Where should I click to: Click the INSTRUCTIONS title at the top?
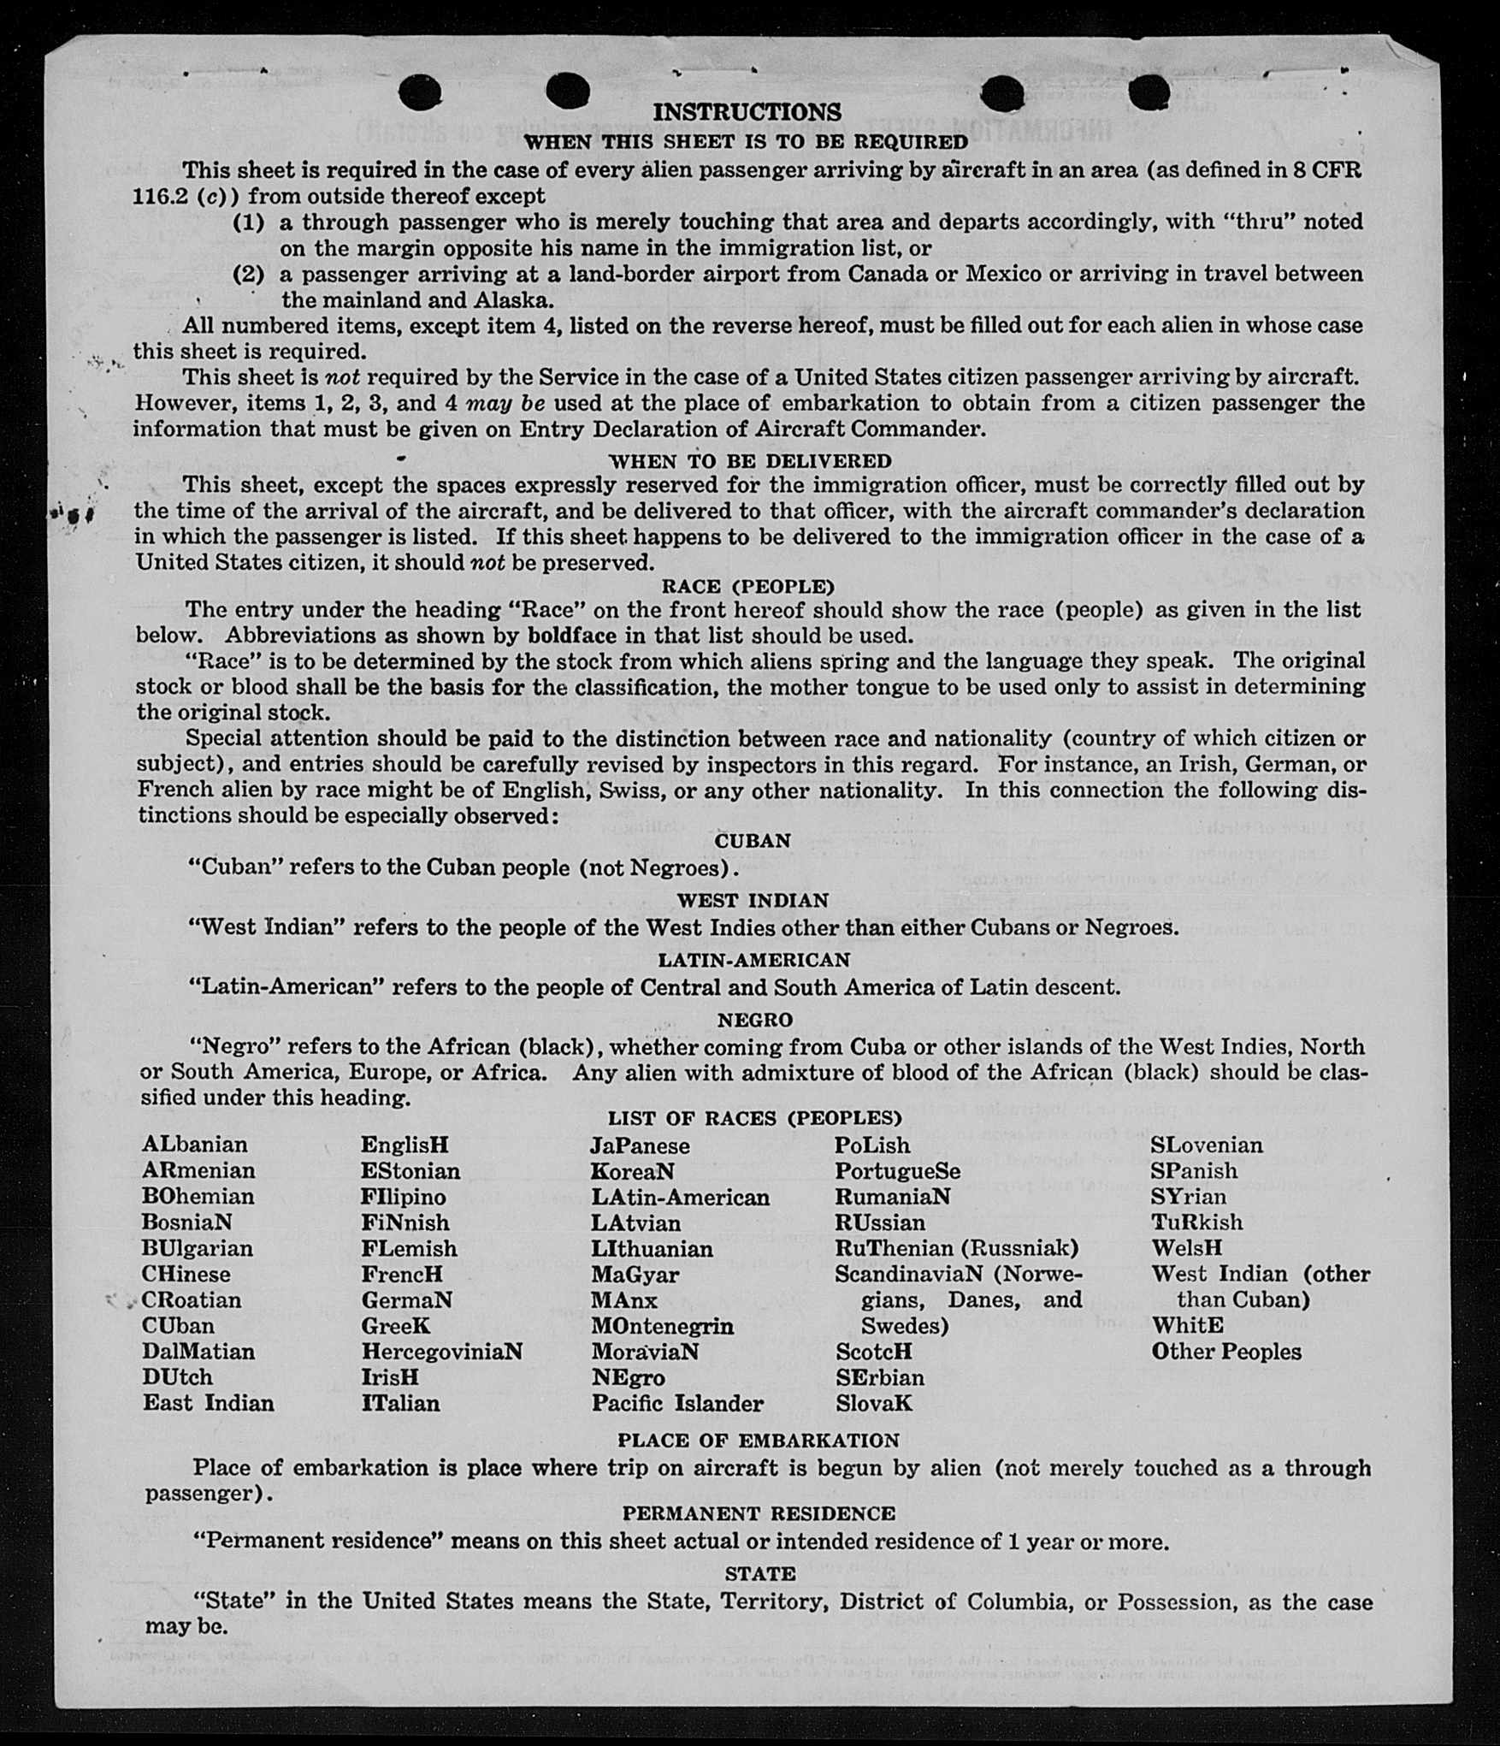(747, 112)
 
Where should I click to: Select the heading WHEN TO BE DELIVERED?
(749, 461)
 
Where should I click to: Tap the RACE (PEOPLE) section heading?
(747, 587)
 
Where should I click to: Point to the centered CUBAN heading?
(753, 841)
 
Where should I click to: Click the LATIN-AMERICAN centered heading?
(753, 960)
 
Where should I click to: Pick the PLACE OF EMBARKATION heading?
(758, 1441)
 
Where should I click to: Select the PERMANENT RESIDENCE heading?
(758, 1513)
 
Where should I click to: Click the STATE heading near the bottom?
(759, 1573)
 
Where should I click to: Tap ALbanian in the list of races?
(195, 1145)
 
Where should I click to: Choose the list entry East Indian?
(209, 1403)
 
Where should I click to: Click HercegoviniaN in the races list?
(441, 1352)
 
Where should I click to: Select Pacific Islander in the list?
(676, 1403)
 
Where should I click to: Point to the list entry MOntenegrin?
(662, 1326)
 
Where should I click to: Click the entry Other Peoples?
(1225, 1352)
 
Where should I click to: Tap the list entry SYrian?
(1188, 1196)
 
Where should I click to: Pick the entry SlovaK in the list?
(874, 1403)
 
